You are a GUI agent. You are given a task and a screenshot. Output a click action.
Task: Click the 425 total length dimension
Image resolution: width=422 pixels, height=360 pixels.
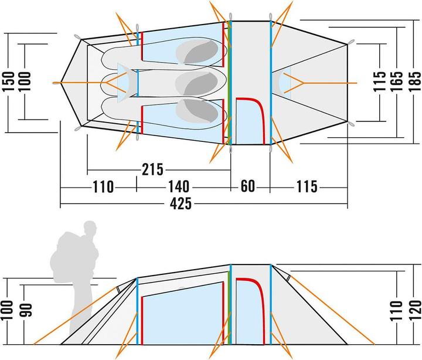pyautogui.click(x=183, y=205)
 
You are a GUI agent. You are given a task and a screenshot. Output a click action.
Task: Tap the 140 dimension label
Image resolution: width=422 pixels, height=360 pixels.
pyautogui.click(x=178, y=187)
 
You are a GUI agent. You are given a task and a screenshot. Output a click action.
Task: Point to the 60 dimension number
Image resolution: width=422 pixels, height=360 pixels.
pyautogui.click(x=248, y=187)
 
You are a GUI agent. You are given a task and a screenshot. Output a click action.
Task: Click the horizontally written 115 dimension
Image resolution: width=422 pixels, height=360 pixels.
pyautogui.click(x=306, y=187)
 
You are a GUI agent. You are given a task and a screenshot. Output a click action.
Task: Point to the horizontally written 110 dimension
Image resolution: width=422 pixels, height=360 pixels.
pyautogui.click(x=103, y=187)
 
